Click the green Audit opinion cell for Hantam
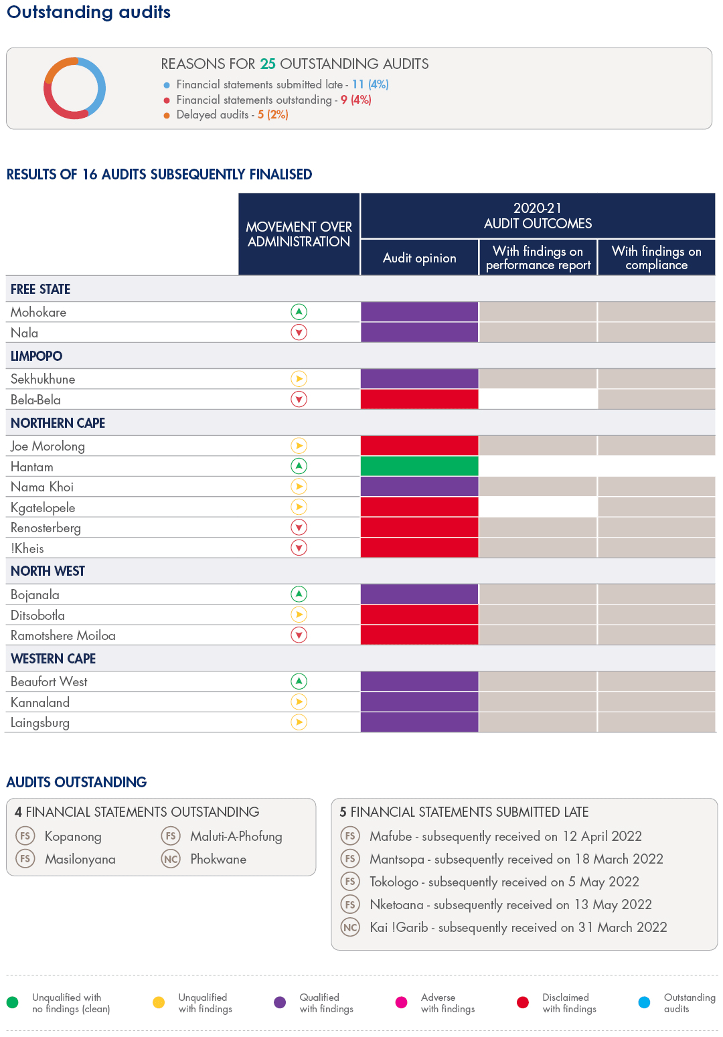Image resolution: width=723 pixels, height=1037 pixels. [419, 466]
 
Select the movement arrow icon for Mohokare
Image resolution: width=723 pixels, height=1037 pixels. [299, 312]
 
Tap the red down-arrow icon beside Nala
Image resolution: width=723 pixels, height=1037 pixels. [299, 333]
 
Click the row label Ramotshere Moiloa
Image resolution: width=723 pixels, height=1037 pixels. [63, 635]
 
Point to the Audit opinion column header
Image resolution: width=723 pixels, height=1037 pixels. [419, 258]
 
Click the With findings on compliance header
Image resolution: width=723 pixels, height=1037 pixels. [656, 258]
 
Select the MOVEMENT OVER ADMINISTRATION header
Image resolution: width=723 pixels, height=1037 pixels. [299, 234]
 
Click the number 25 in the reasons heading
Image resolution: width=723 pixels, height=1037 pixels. [268, 64]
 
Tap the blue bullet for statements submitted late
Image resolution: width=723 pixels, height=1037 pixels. [167, 85]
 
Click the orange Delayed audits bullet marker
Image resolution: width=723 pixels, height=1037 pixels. [167, 115]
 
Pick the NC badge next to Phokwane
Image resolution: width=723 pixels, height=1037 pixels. [171, 859]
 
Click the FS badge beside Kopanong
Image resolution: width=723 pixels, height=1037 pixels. [25, 836]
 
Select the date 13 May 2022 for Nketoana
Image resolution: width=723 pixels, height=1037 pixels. [613, 904]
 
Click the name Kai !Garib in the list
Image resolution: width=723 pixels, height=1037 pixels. [398, 927]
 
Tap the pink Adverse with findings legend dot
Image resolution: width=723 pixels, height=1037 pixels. [402, 1002]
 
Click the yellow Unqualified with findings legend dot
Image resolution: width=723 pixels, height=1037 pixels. [159, 1002]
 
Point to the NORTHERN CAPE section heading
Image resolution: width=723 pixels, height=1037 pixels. [58, 423]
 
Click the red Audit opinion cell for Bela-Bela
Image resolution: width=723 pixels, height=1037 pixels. [419, 400]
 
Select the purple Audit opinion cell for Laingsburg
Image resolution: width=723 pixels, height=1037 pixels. [419, 722]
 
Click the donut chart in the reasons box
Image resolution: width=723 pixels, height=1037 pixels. [74, 88]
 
